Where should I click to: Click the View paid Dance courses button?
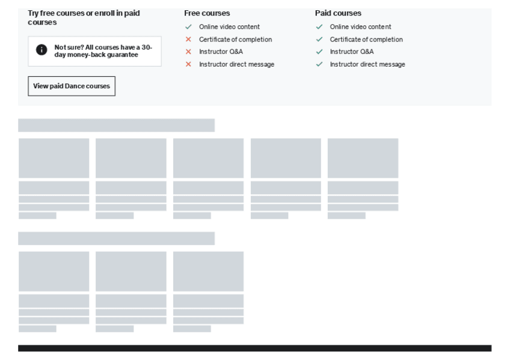(x=72, y=86)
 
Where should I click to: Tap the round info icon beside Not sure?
(x=41, y=50)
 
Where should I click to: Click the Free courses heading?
(x=207, y=13)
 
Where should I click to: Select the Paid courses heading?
(x=338, y=13)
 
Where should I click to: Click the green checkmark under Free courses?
(x=188, y=27)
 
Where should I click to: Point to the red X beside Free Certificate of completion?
(x=188, y=40)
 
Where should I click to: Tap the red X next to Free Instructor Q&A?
(x=188, y=52)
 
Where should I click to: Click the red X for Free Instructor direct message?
(x=188, y=64)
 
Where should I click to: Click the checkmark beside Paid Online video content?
(x=319, y=27)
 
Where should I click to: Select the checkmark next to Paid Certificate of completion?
(x=319, y=40)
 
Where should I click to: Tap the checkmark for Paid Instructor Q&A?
(x=319, y=52)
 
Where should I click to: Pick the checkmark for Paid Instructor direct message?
(x=319, y=64)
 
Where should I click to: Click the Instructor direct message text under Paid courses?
(x=367, y=64)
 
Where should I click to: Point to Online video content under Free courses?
(x=229, y=27)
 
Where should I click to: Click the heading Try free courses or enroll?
(x=84, y=17)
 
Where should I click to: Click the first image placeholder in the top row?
(x=54, y=158)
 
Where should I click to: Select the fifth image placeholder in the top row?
(x=363, y=158)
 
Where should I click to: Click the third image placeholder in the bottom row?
(x=208, y=271)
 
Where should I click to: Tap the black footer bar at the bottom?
(x=254, y=348)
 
